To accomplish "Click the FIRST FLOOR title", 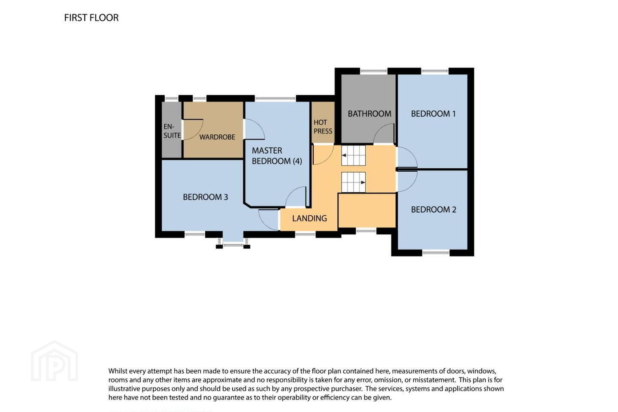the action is pyautogui.click(x=91, y=18).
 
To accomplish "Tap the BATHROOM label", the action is pyautogui.click(x=370, y=114).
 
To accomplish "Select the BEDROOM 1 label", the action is pyautogui.click(x=433, y=114).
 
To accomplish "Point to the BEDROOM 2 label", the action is pyautogui.click(x=433, y=209).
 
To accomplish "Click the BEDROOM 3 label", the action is pyautogui.click(x=206, y=197).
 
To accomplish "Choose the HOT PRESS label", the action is pyautogui.click(x=323, y=127).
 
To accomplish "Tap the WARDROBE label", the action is pyautogui.click(x=217, y=137).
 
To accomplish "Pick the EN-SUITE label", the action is pyautogui.click(x=172, y=131).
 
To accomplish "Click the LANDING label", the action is pyautogui.click(x=309, y=218).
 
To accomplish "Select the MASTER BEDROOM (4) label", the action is pyautogui.click(x=277, y=156).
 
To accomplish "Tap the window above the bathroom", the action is pyautogui.click(x=374, y=71).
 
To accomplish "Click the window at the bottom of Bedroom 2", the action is pyautogui.click(x=436, y=252).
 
